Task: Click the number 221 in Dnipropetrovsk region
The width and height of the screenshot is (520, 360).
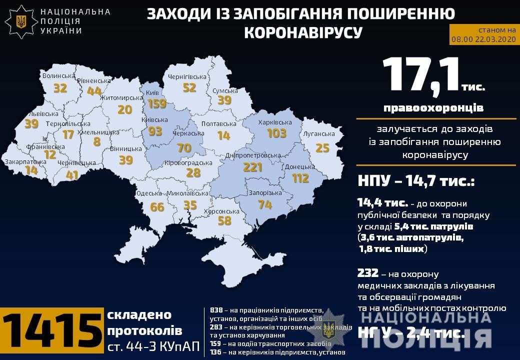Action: coord(252,167)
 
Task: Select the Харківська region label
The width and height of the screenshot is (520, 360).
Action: coord(275,122)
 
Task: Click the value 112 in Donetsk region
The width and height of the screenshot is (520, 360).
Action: coord(300,178)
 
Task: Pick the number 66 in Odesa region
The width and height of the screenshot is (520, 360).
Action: coord(157,206)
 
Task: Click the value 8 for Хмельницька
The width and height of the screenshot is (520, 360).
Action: coord(96,141)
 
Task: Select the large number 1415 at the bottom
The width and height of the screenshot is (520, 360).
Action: coord(52,331)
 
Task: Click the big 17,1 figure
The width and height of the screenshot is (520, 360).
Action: coord(421,77)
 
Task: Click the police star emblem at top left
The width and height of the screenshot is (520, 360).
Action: coord(21,21)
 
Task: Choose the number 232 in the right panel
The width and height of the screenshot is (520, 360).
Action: coord(367,273)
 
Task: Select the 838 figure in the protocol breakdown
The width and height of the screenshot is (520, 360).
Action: coord(216,310)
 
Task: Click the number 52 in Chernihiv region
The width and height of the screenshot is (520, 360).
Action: coord(189,87)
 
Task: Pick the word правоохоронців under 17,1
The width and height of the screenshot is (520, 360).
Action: coord(433,107)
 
